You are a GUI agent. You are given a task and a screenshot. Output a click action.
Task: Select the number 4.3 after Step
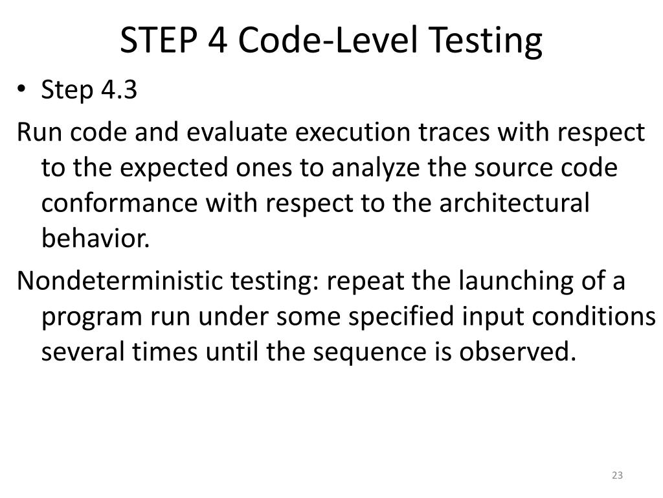(119, 90)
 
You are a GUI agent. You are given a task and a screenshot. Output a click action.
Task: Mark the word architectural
(515, 203)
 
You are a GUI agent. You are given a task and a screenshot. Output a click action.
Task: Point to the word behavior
(96, 239)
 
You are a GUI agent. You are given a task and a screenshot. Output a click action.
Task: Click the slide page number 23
(616, 475)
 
